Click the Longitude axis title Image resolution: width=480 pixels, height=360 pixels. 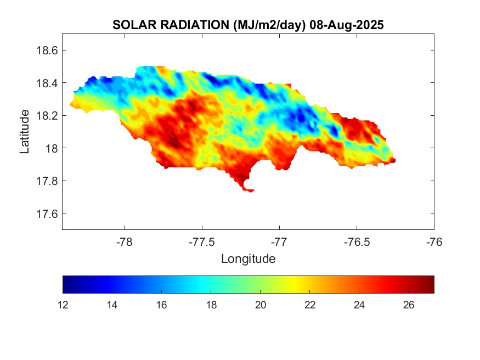tap(248, 258)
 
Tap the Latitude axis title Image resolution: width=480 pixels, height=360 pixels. tap(25, 131)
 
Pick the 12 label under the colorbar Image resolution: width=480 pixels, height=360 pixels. tap(63, 305)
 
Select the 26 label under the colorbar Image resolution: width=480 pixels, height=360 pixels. tap(410, 305)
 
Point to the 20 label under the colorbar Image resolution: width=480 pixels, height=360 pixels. tap(261, 305)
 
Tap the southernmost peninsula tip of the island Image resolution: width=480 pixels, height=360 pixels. tap(250, 190)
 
